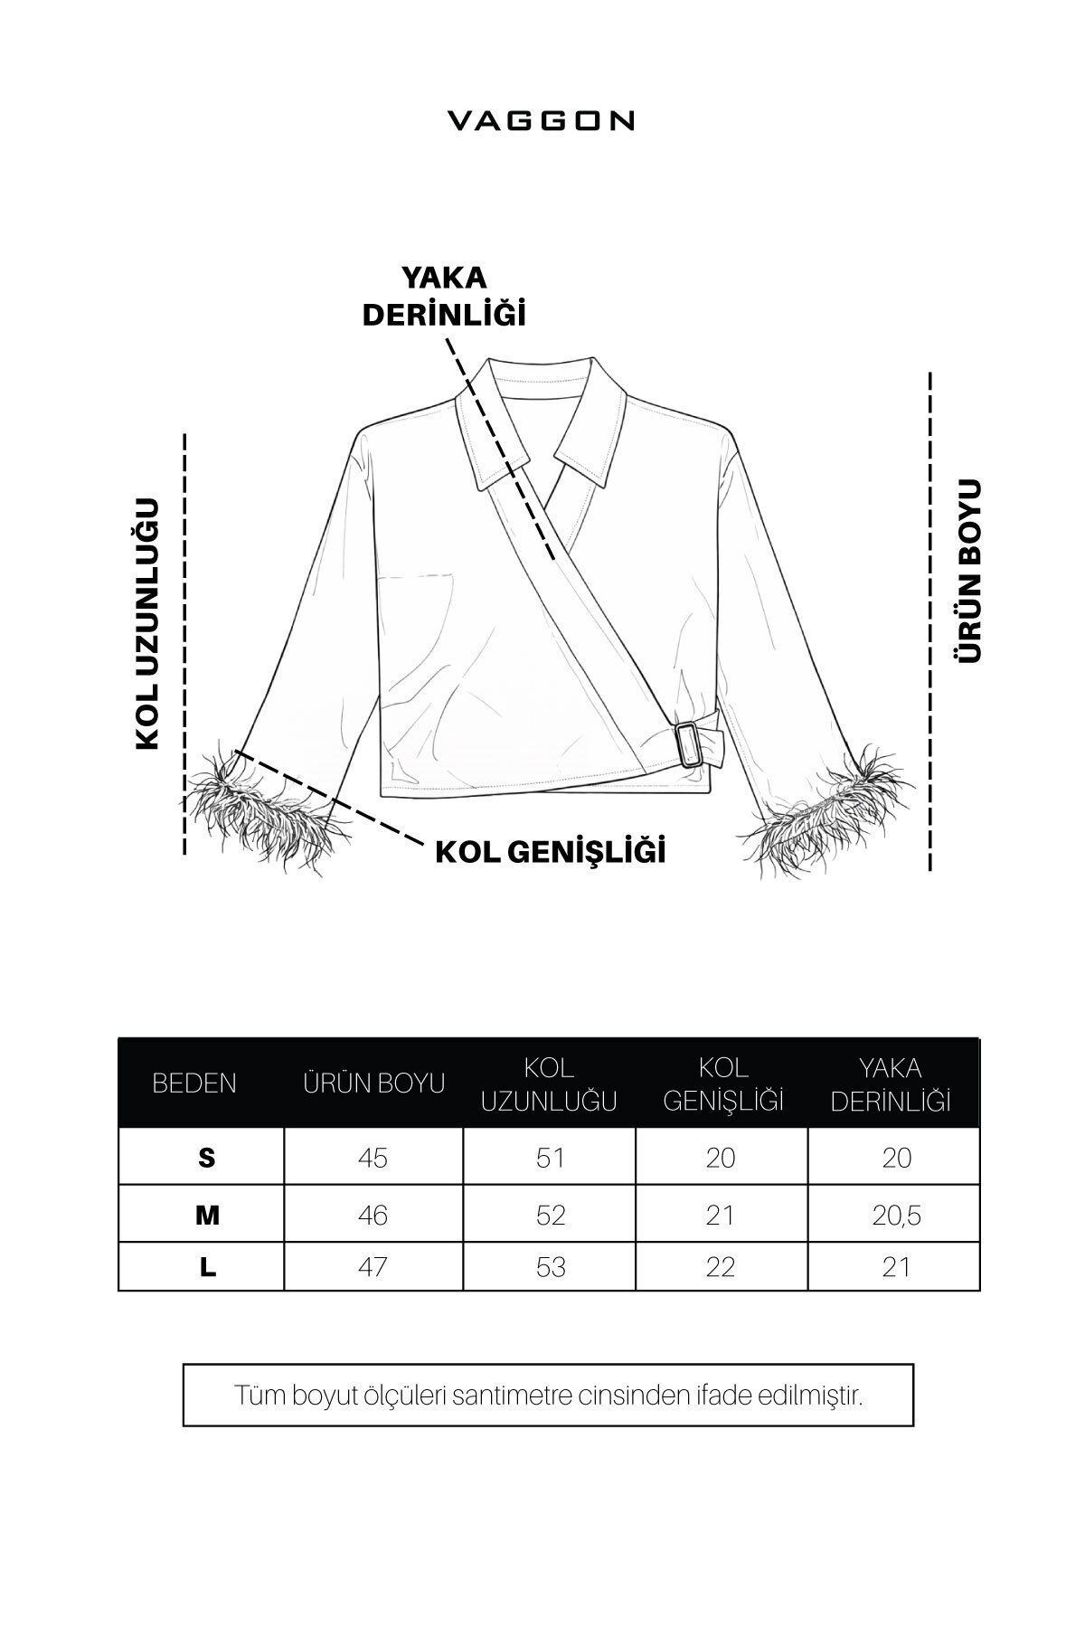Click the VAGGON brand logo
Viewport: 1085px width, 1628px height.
542,121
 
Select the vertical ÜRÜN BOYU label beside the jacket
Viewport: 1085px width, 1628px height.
969,571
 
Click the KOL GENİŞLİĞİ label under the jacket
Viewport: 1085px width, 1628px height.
551,851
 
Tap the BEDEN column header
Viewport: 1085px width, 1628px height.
194,1083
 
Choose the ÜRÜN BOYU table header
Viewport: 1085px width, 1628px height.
373,1083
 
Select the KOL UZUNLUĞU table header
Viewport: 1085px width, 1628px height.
549,1084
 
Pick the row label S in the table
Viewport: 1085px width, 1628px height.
207,1158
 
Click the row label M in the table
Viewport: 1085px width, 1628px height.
207,1215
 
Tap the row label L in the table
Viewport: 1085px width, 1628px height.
208,1267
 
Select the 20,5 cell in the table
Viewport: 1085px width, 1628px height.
896,1215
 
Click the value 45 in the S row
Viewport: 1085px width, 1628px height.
373,1158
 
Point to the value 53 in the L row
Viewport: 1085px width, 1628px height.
550,1267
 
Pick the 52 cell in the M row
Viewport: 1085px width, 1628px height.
550,1215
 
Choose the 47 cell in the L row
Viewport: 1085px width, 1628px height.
373,1267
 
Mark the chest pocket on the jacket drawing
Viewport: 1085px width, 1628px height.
416,615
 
